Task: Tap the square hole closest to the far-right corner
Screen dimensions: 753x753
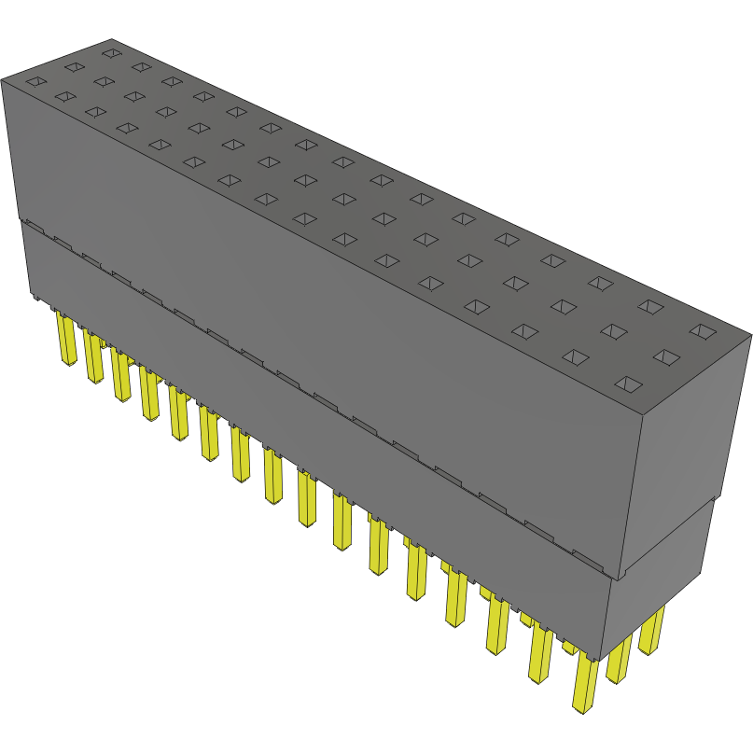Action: pyautogui.click(x=702, y=330)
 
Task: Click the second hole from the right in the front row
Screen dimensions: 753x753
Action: pyautogui.click(x=576, y=356)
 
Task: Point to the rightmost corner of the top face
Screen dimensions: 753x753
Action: pyautogui.click(x=751, y=333)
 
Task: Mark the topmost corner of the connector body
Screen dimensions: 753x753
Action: pyautogui.click(x=111, y=38)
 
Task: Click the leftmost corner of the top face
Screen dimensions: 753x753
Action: pyautogui.click(x=2, y=79)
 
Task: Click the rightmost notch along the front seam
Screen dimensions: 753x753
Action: pyautogui.click(x=588, y=560)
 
